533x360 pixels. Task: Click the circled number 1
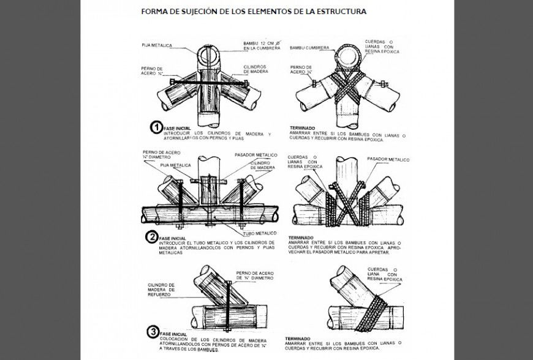tap(157, 127)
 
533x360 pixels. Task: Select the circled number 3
tap(153, 332)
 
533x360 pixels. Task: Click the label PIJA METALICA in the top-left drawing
tap(157, 45)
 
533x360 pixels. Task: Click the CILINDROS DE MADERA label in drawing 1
tap(255, 67)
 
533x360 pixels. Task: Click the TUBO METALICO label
tap(257, 233)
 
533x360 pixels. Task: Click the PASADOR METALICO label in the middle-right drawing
tap(388, 159)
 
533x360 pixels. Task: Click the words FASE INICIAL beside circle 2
tap(172, 238)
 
